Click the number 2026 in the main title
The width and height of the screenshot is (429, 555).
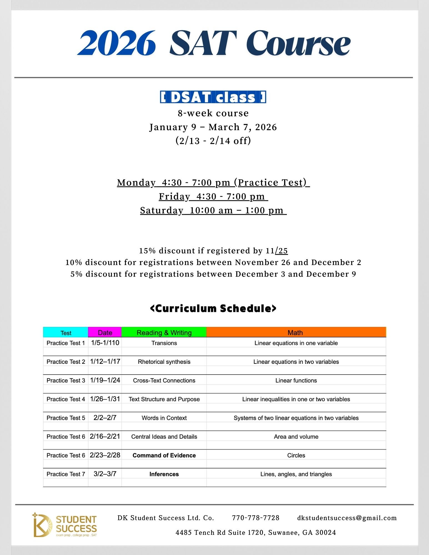point(117,43)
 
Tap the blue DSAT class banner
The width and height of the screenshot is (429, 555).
point(213,97)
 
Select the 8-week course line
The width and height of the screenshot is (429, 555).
point(213,113)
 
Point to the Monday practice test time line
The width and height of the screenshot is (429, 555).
point(213,183)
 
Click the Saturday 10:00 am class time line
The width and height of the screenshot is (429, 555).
point(213,210)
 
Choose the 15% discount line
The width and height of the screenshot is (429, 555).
point(213,251)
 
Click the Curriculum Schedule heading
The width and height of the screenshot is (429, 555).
point(213,309)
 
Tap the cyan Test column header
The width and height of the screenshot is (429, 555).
point(66,332)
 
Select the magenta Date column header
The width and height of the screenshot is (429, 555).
point(105,332)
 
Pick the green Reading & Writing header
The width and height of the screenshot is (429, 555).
point(164,332)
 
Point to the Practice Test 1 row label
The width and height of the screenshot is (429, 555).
point(66,343)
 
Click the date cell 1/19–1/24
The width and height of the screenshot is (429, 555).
point(105,380)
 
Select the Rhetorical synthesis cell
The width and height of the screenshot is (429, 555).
point(164,362)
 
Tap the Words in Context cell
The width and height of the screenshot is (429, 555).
point(164,418)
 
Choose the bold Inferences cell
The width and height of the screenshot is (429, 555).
point(164,474)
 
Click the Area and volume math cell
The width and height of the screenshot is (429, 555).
point(296,437)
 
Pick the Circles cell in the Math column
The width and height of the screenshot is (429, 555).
point(296,455)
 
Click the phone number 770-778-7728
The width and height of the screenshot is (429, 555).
point(255,518)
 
